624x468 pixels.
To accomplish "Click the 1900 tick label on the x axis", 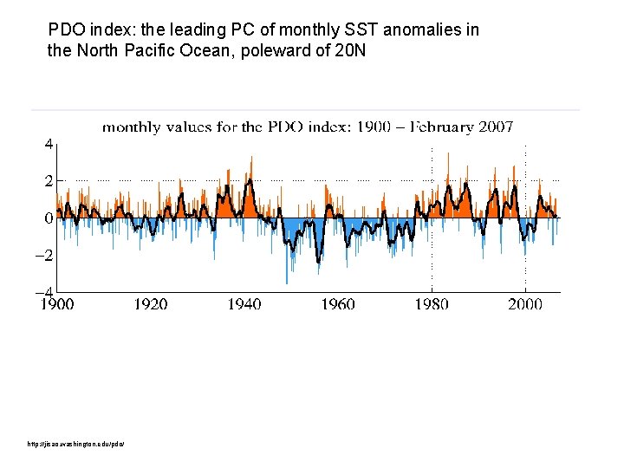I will pos(57,304).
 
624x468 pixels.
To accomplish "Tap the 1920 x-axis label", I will pos(151,304).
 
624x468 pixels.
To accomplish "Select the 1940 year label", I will pos(244,304).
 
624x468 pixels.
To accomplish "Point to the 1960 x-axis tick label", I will pos(338,304).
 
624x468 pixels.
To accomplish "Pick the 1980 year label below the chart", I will pos(432,304).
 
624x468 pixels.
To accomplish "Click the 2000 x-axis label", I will pos(525,304).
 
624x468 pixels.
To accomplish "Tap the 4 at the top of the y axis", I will pos(49,144).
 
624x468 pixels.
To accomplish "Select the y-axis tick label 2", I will pos(49,181).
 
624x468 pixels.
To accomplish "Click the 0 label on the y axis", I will pos(49,218).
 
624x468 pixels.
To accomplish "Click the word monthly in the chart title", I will pos(131,127).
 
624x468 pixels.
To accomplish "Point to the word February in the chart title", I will pos(438,127).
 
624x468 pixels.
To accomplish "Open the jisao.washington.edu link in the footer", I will pos(76,445).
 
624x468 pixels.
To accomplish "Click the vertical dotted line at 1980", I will pos(432,173).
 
